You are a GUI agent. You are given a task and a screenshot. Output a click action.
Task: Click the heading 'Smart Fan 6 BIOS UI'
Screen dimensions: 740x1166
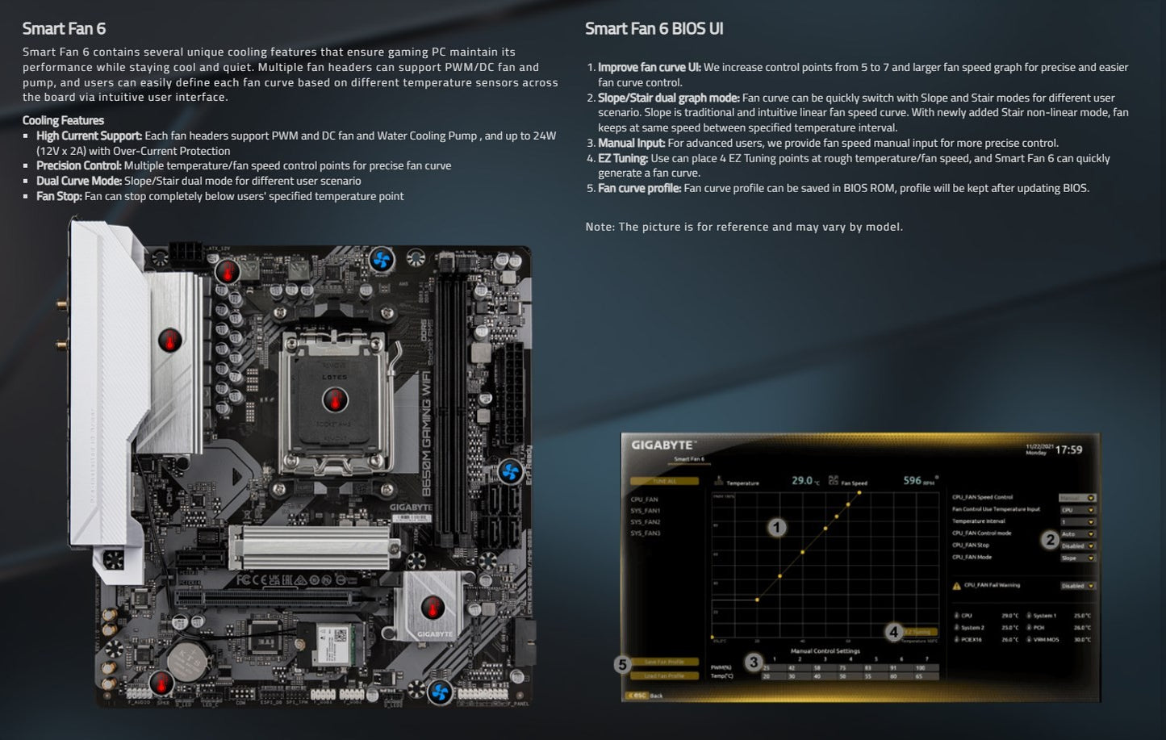(654, 29)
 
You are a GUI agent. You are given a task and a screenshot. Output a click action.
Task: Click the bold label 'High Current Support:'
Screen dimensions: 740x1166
(89, 136)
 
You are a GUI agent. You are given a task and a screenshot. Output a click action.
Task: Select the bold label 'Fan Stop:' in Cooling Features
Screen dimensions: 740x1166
(59, 196)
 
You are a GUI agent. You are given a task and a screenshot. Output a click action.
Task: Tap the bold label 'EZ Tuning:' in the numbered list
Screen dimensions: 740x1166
(622, 158)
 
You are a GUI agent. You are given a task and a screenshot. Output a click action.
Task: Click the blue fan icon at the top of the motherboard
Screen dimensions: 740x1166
(382, 260)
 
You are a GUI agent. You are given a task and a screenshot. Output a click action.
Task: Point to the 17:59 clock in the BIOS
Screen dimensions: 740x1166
(1068, 449)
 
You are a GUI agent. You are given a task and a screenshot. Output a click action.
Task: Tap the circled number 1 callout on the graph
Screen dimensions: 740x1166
(776, 528)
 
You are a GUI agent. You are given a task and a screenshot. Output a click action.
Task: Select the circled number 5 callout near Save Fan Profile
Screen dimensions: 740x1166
(621, 665)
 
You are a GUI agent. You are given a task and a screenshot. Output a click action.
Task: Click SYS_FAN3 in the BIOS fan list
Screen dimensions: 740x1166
(646, 533)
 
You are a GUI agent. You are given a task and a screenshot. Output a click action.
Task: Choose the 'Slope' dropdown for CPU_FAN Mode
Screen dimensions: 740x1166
(1077, 558)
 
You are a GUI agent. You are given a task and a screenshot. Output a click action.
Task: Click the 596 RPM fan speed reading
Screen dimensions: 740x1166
(913, 481)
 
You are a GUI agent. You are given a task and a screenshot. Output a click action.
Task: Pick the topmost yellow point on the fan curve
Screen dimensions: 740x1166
(859, 491)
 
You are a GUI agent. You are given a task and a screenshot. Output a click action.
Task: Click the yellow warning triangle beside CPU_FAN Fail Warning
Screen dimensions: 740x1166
(957, 586)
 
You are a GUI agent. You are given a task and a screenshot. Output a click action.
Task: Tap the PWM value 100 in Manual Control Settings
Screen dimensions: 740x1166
(921, 668)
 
